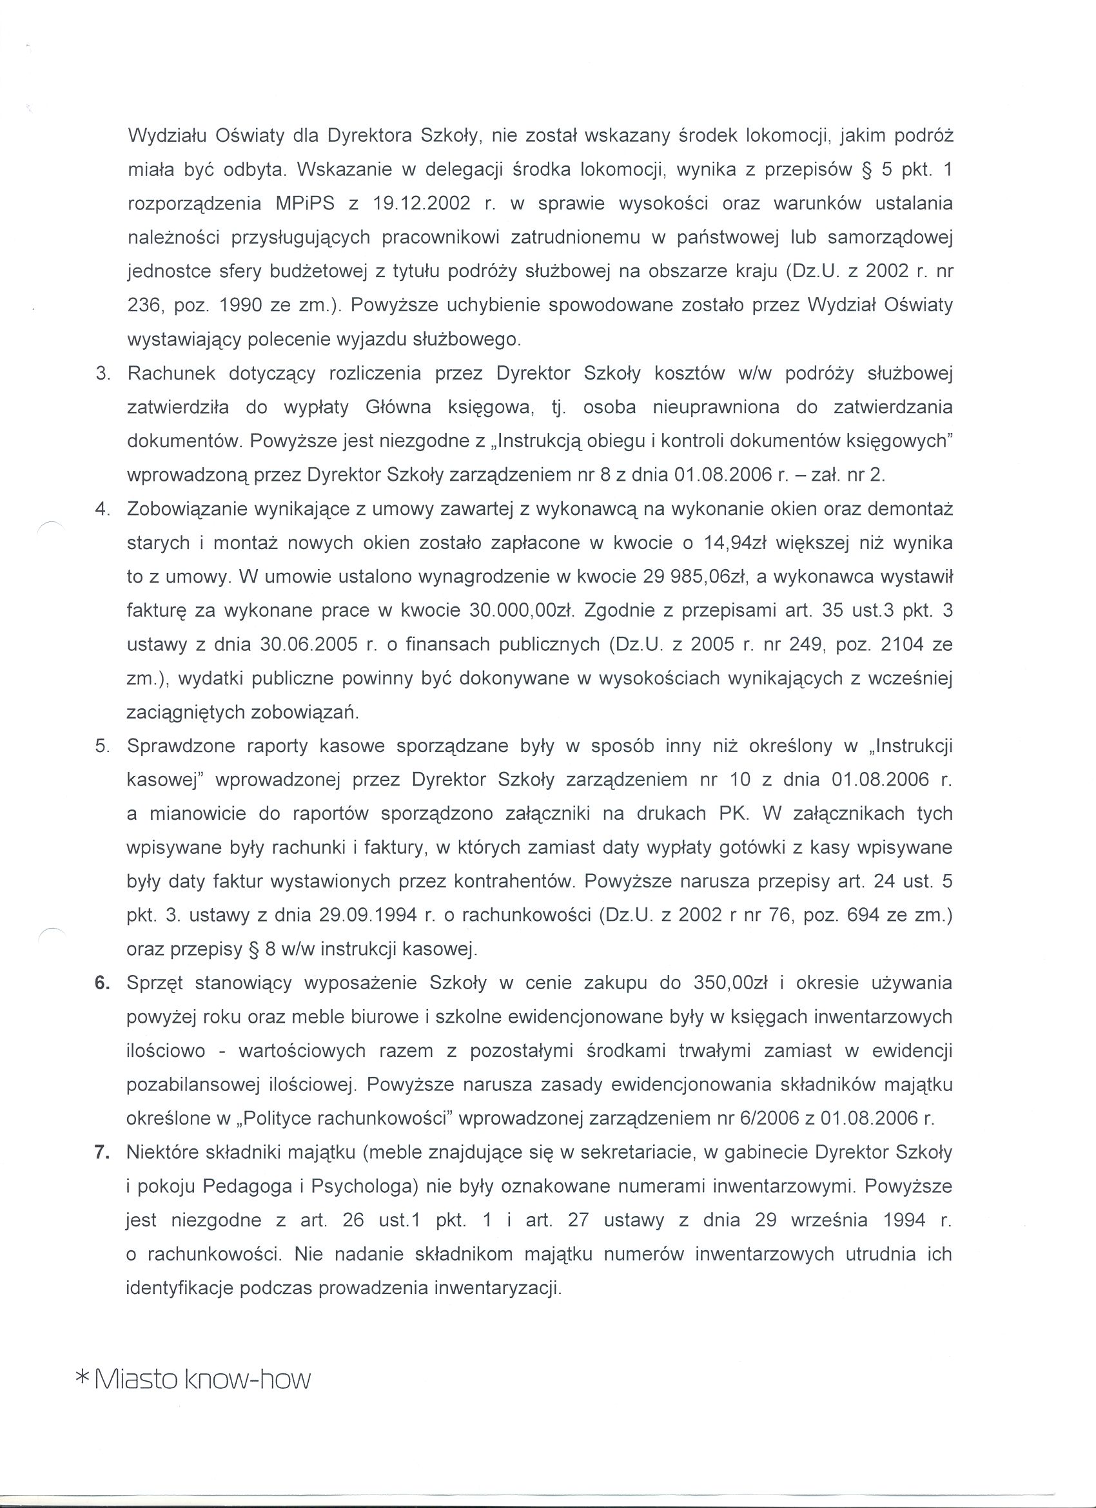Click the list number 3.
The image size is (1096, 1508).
(102, 374)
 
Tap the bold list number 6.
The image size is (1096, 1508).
(102, 982)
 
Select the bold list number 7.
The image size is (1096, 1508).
(102, 1152)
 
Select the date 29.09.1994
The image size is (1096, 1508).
(369, 915)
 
